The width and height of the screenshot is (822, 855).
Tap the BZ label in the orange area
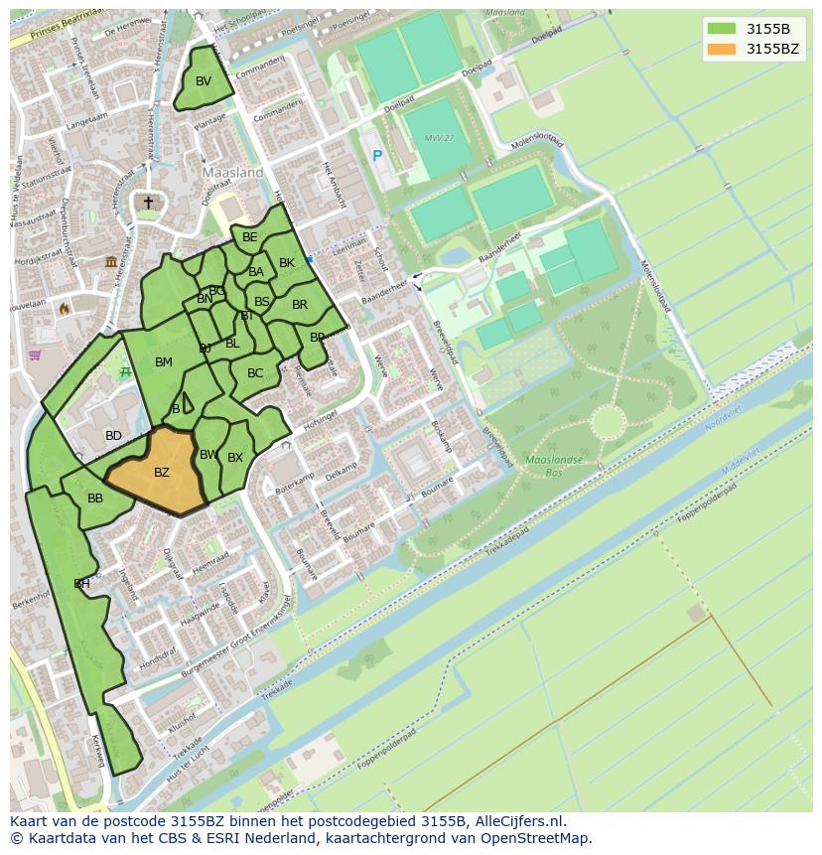[x=162, y=473]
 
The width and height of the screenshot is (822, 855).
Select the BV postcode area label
[x=204, y=81]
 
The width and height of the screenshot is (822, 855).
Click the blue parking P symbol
[x=377, y=156]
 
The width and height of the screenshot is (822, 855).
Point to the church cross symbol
[x=148, y=203]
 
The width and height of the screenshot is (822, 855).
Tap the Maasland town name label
[x=232, y=172]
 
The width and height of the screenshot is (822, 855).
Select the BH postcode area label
[x=81, y=584]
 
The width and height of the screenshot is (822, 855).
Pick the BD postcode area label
[x=113, y=436]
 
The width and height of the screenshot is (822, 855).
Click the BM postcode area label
[x=164, y=362]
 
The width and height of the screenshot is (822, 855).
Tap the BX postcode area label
[x=235, y=458]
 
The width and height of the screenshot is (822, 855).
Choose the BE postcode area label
[x=250, y=237]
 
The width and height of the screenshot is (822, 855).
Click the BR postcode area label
[x=300, y=305]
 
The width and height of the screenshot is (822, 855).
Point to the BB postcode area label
[x=95, y=499]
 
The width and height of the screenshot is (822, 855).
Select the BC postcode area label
[x=255, y=373]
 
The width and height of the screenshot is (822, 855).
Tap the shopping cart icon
[x=36, y=355]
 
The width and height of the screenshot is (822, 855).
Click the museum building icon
[x=111, y=261]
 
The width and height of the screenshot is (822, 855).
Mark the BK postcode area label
[x=287, y=263]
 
